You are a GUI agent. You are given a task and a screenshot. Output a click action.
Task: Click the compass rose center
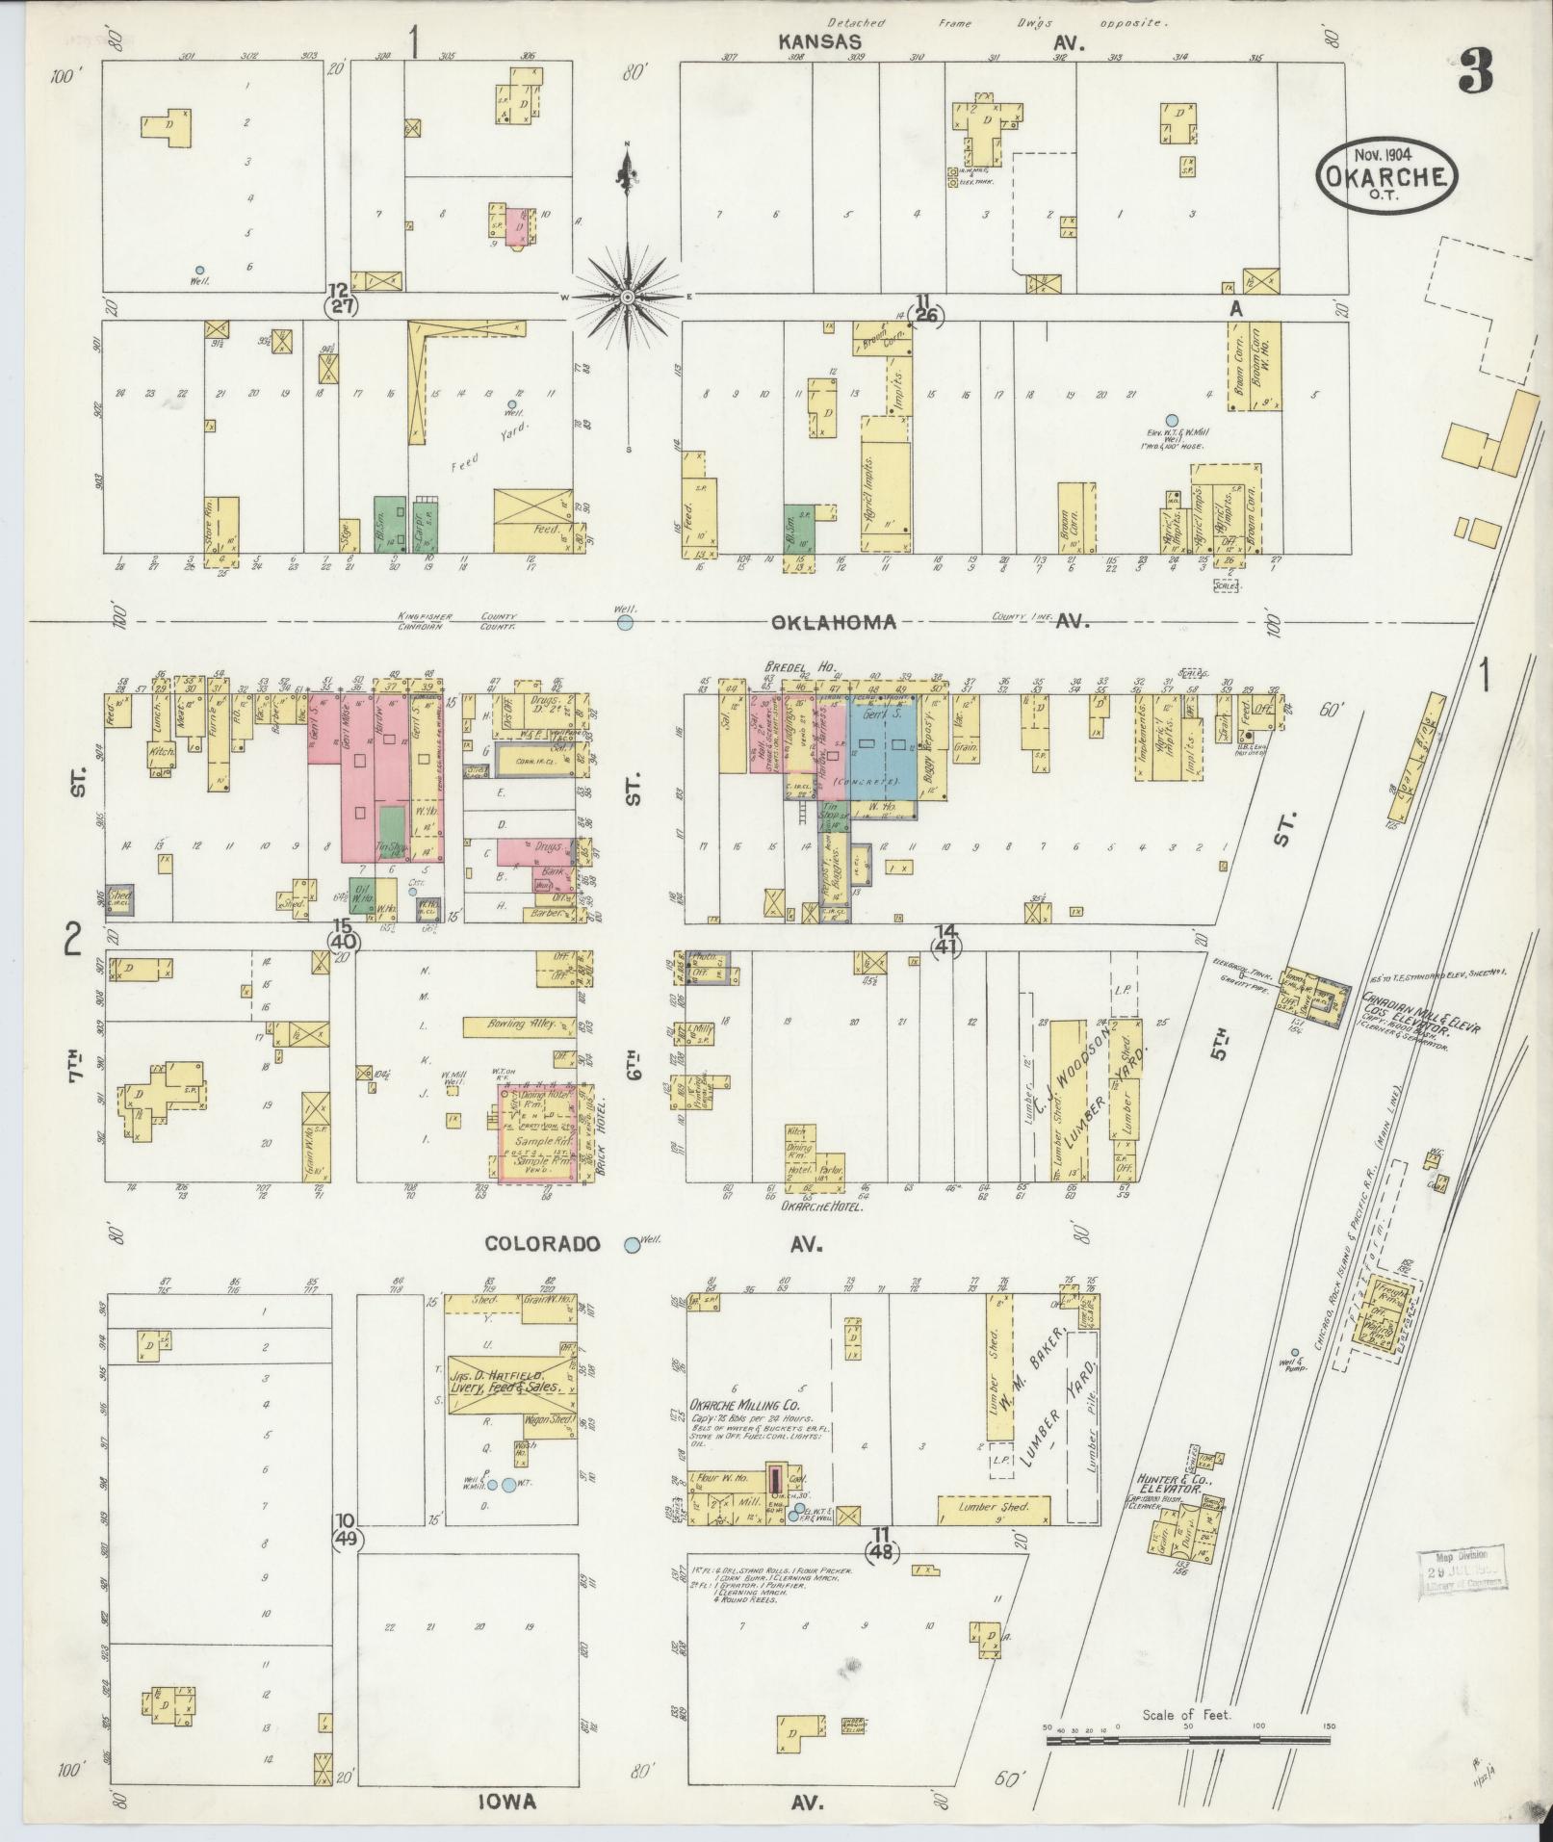click(627, 297)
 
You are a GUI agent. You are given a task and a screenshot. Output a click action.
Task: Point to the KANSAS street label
click(819, 42)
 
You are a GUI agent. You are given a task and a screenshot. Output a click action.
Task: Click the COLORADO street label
click(543, 1244)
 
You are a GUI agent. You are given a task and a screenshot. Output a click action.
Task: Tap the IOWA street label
click(509, 1803)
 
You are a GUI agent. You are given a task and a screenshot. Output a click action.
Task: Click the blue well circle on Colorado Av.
click(633, 1244)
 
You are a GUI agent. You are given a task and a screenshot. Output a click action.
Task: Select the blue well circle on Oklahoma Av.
click(625, 623)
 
